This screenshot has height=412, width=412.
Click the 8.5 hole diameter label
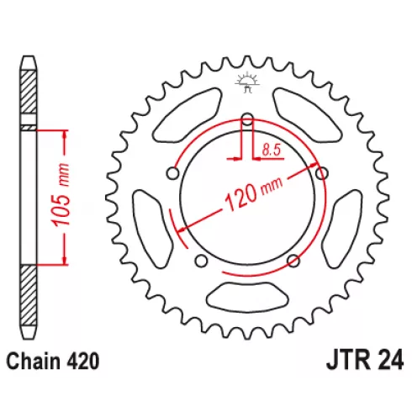coord(272,151)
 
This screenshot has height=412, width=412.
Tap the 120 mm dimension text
coord(254,194)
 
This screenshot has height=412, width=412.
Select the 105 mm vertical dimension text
coord(61,194)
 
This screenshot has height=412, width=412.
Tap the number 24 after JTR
coord(391,361)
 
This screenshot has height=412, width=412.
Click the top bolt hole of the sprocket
coord(247,119)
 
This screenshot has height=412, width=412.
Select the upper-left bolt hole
coord(172,173)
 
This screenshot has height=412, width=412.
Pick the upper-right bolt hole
coord(322,173)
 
